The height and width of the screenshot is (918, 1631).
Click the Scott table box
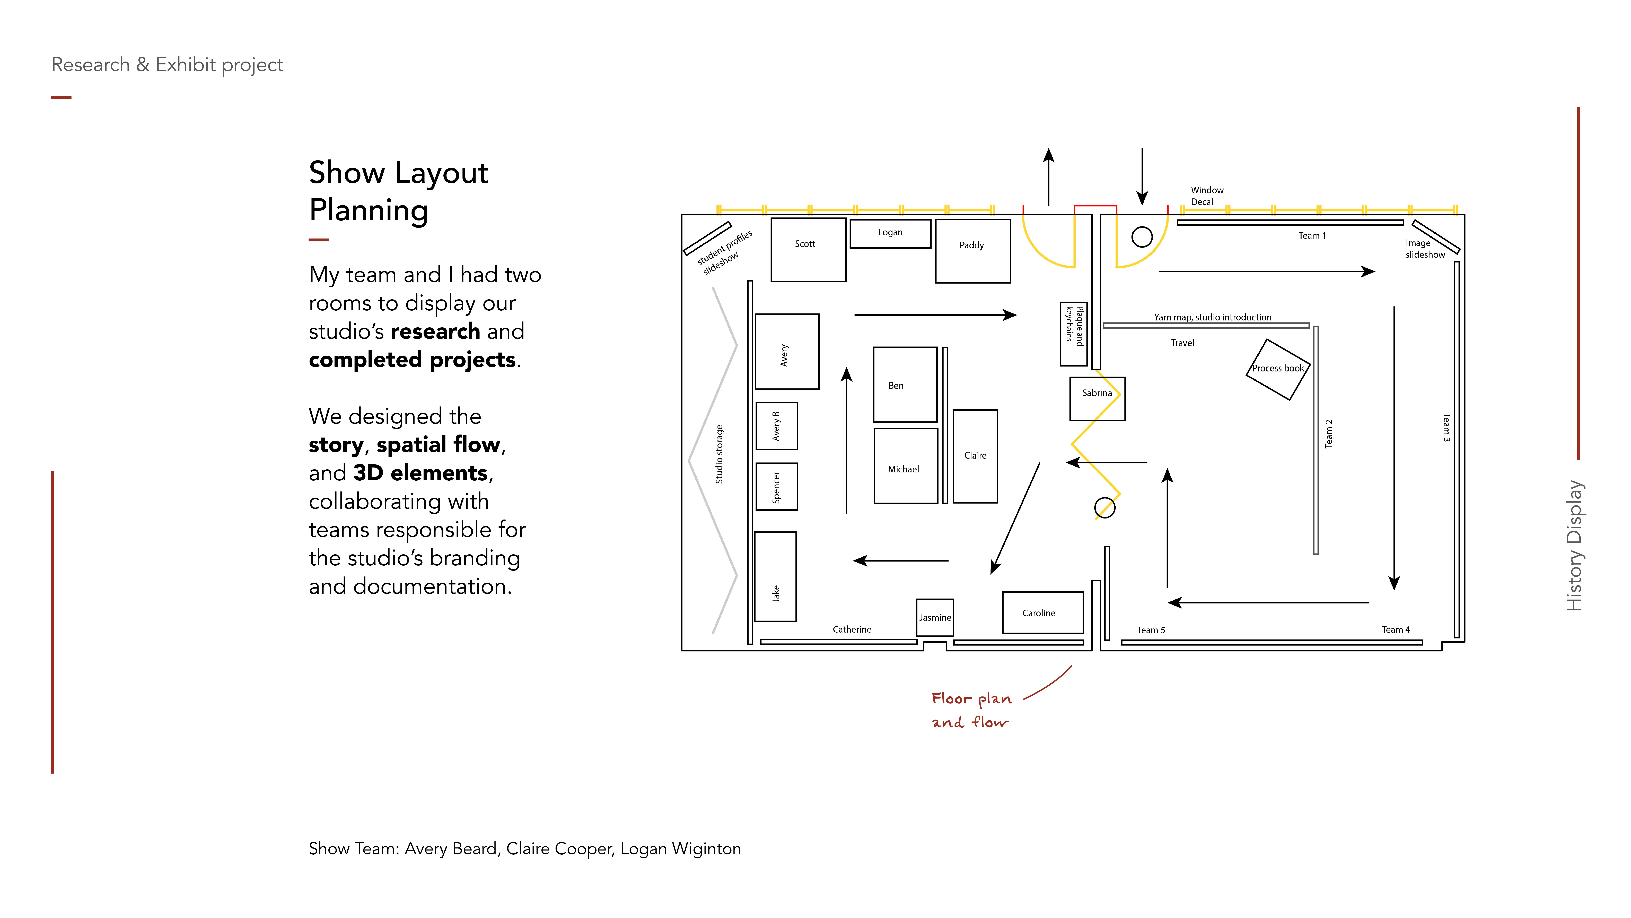pos(808,250)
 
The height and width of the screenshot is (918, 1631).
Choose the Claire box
pos(975,456)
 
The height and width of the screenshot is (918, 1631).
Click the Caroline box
pos(1042,612)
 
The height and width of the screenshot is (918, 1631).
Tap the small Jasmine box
pos(935,617)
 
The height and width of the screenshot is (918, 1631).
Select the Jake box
pos(776,576)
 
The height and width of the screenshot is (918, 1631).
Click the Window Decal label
pos(1206,196)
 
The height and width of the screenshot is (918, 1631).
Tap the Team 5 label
pos(1150,630)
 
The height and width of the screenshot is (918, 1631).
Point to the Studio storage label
pos(719,454)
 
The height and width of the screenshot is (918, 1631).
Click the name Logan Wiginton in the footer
pos(680,849)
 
